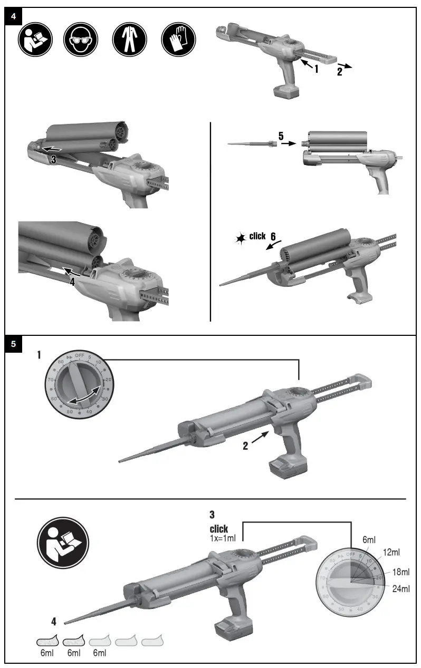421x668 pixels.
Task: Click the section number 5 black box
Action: pyautogui.click(x=14, y=344)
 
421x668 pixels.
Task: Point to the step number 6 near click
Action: pyautogui.click(x=273, y=237)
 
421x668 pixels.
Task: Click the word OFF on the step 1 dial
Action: pyautogui.click(x=80, y=356)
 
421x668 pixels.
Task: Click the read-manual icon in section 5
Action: pyautogui.click(x=63, y=543)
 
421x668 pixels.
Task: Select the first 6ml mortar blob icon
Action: pyautogui.click(x=46, y=642)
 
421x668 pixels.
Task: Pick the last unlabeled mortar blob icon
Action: pyautogui.click(x=152, y=642)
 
